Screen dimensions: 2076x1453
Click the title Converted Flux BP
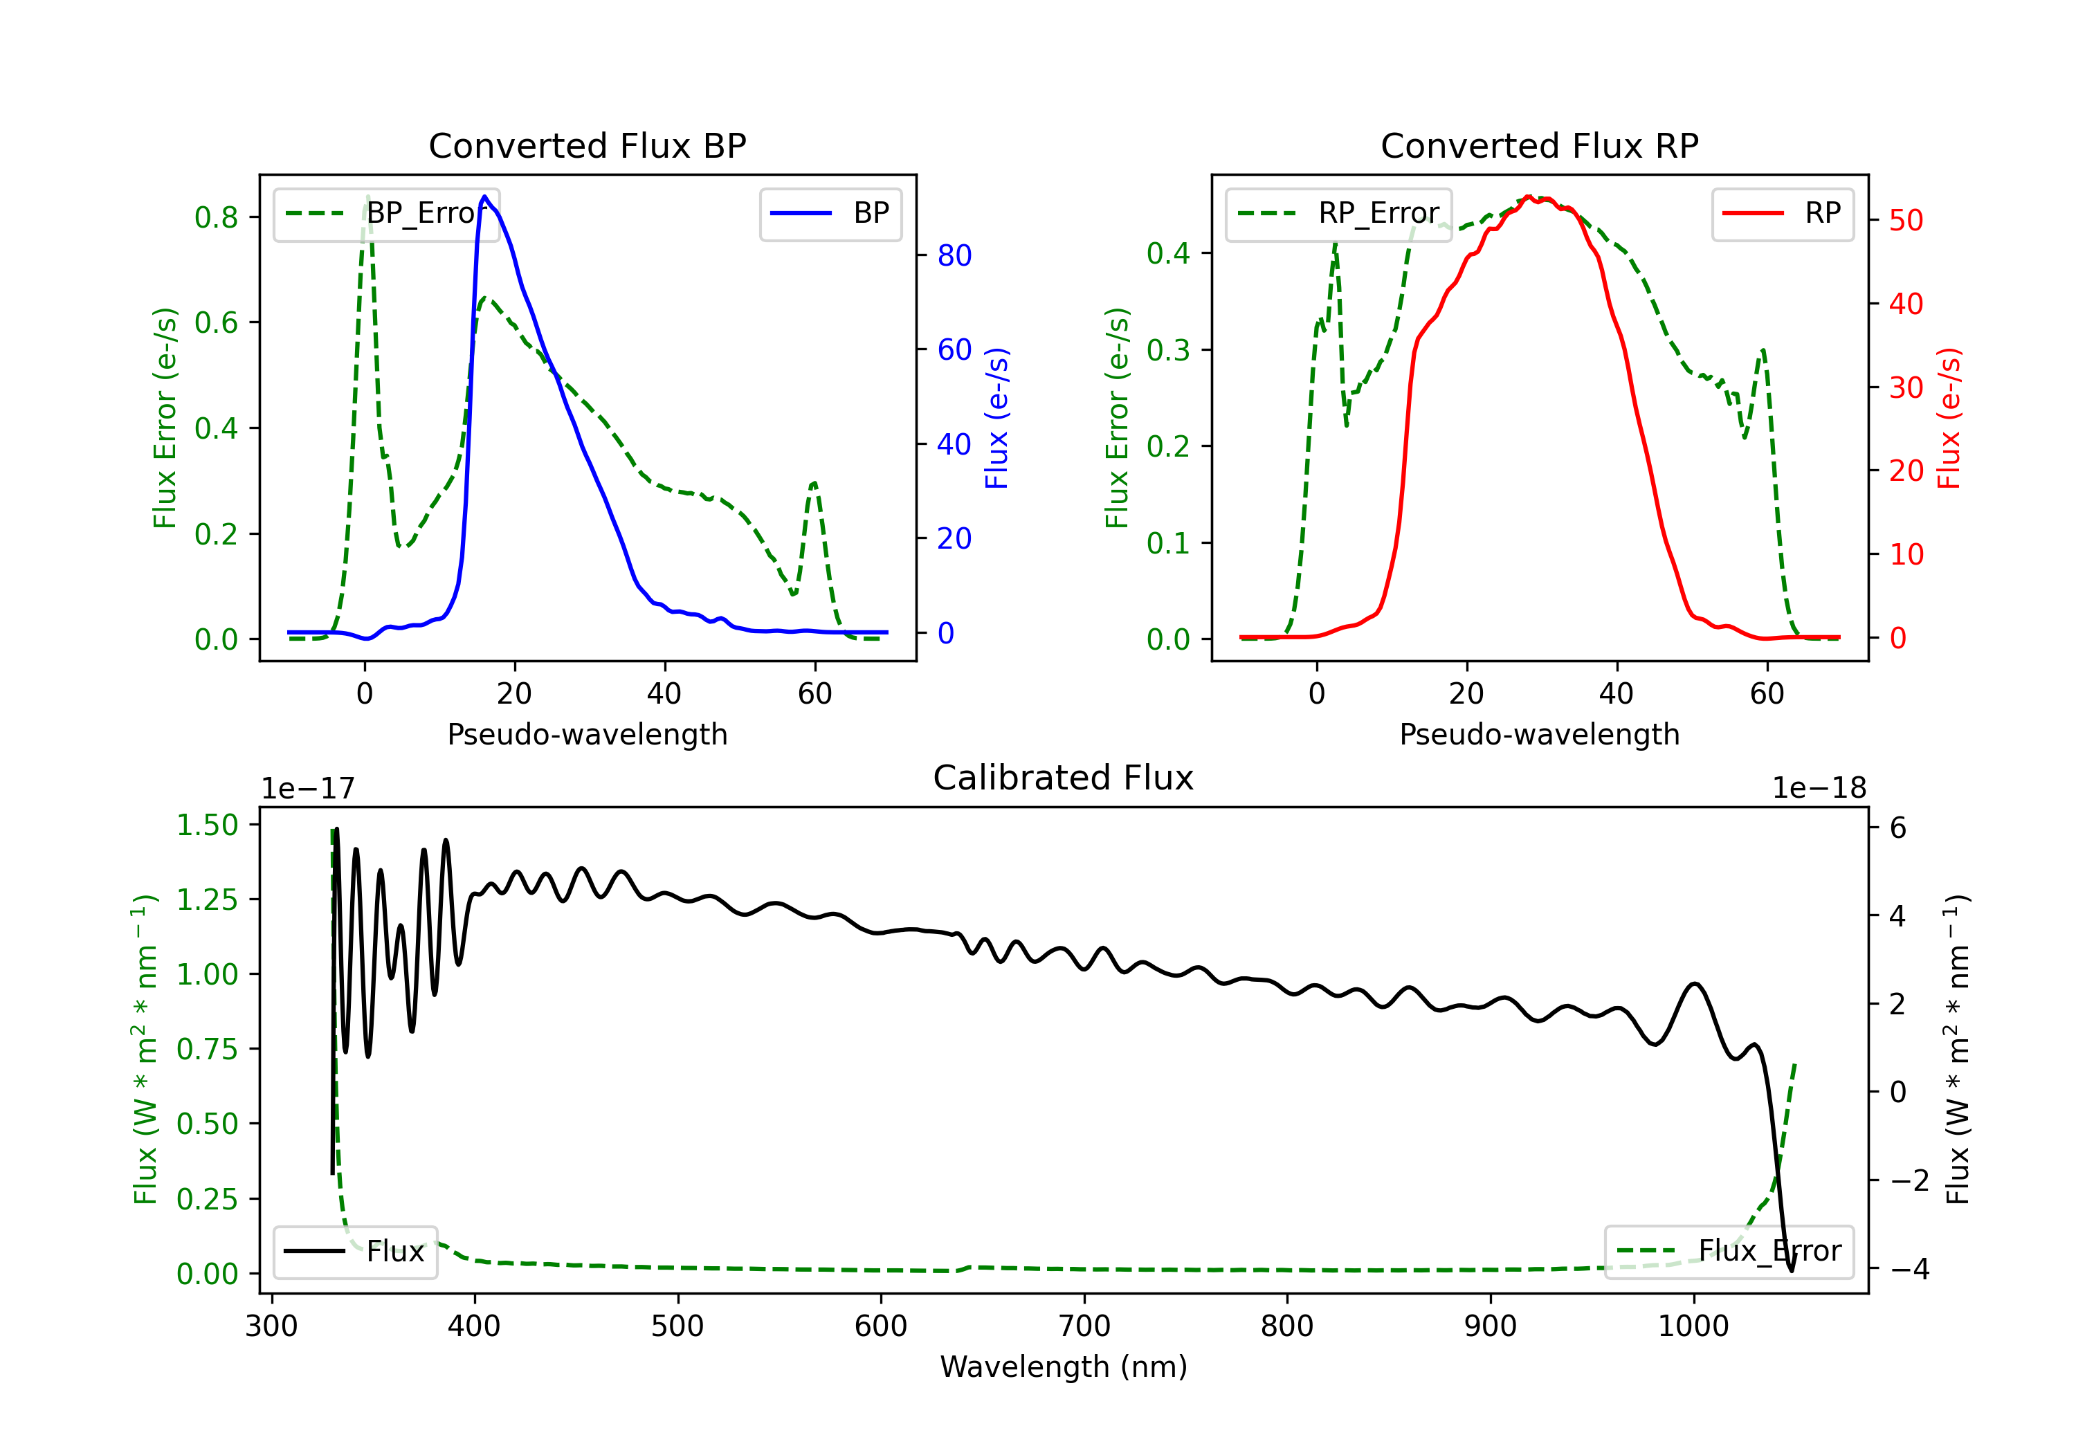tap(587, 145)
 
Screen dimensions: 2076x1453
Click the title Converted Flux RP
tap(1539, 145)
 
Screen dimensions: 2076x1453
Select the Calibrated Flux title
tap(1064, 778)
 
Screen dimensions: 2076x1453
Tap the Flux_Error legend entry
tap(1729, 1252)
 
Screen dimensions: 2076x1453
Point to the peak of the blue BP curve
tap(484, 197)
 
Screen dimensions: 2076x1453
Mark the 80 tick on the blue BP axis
tap(954, 256)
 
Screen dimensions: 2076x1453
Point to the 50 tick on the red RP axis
tap(1906, 221)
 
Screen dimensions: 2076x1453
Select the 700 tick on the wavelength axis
tap(1084, 1326)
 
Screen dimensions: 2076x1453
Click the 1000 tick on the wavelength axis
tap(1693, 1326)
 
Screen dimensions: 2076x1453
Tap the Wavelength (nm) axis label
tap(1064, 1367)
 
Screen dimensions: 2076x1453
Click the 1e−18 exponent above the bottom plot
tap(1819, 789)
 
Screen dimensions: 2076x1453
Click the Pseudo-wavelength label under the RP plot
tap(1539, 734)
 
